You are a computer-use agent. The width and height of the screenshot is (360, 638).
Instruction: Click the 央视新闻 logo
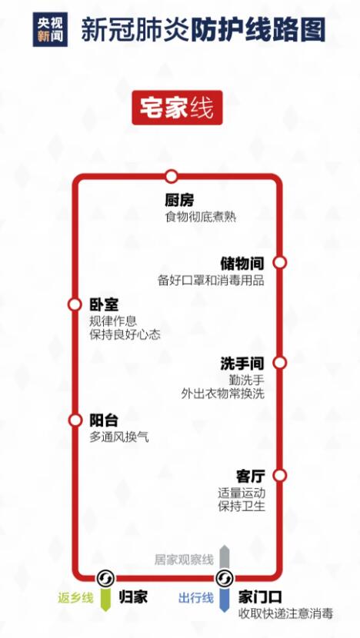tap(50, 29)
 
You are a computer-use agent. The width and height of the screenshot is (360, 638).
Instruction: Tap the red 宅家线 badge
tap(177, 108)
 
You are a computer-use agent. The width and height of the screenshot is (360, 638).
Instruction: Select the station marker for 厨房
tap(172, 176)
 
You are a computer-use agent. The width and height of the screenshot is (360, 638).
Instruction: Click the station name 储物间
tap(242, 263)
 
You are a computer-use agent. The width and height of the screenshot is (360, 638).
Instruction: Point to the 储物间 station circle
tap(280, 262)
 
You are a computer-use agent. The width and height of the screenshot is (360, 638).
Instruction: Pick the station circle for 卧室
tap(75, 304)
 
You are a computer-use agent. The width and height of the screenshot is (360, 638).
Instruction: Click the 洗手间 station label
tap(242, 364)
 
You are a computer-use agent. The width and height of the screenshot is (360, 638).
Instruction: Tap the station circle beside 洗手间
tap(280, 363)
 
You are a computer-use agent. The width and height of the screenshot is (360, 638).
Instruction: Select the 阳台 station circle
tap(75, 420)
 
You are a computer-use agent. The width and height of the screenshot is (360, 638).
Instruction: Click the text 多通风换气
tap(119, 437)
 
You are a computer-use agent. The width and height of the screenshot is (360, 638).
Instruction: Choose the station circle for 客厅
tap(280, 475)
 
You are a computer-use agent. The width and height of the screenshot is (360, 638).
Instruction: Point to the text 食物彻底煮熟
tap(201, 217)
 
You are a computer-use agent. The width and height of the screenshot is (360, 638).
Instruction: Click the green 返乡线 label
tap(75, 598)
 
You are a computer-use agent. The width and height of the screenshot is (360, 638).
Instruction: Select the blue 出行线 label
tap(196, 598)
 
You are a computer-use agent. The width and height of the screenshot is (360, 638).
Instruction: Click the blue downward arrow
tap(225, 599)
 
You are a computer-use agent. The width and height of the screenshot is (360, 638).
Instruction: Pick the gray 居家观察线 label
tap(184, 560)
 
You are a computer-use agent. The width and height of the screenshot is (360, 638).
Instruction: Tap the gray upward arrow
tap(225, 557)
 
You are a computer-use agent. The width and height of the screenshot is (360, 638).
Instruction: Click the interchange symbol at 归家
tap(106, 578)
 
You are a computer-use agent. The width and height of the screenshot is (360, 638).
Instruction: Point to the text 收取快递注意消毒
tap(285, 613)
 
